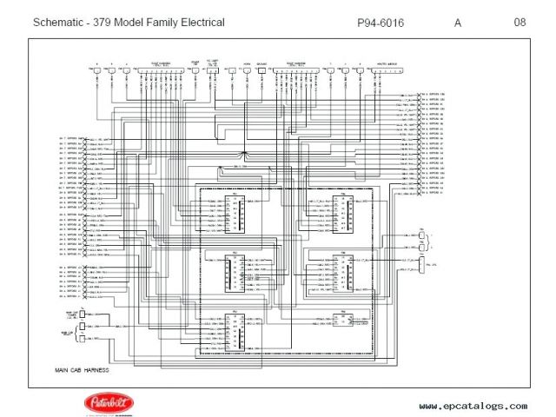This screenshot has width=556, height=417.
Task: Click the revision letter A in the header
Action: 458,23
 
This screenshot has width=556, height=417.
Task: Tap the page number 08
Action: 519,23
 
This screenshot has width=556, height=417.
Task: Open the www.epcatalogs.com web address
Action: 473,406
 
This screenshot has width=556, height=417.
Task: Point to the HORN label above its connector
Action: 247,64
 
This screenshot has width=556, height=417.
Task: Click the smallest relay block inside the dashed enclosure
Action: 338,320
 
